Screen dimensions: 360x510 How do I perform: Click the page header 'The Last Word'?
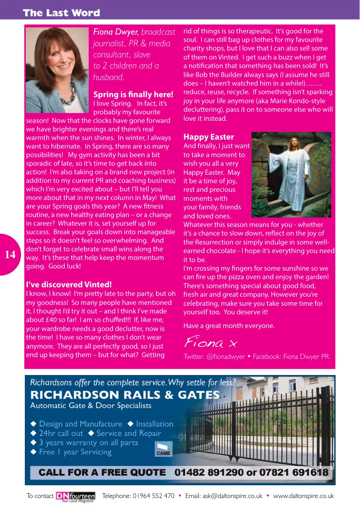pos(61,13)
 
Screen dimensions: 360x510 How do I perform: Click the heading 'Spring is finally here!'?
pos(133,95)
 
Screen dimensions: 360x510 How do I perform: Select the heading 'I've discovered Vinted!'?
pos(69,285)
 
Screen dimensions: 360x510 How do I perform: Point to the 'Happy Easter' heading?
pos(209,137)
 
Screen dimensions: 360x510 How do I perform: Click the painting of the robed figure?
pos(291,175)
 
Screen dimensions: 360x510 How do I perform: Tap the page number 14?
pos(10,255)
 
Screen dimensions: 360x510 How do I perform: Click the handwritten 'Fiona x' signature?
pos(210,343)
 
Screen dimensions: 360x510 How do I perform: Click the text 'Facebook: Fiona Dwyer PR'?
pos(291,357)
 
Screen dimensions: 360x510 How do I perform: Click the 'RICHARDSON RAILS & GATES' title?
pos(125,395)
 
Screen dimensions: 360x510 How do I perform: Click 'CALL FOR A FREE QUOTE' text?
pos(102,473)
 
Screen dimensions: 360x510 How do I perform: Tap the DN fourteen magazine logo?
pos(75,496)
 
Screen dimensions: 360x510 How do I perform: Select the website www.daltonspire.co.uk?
pos(303,496)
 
